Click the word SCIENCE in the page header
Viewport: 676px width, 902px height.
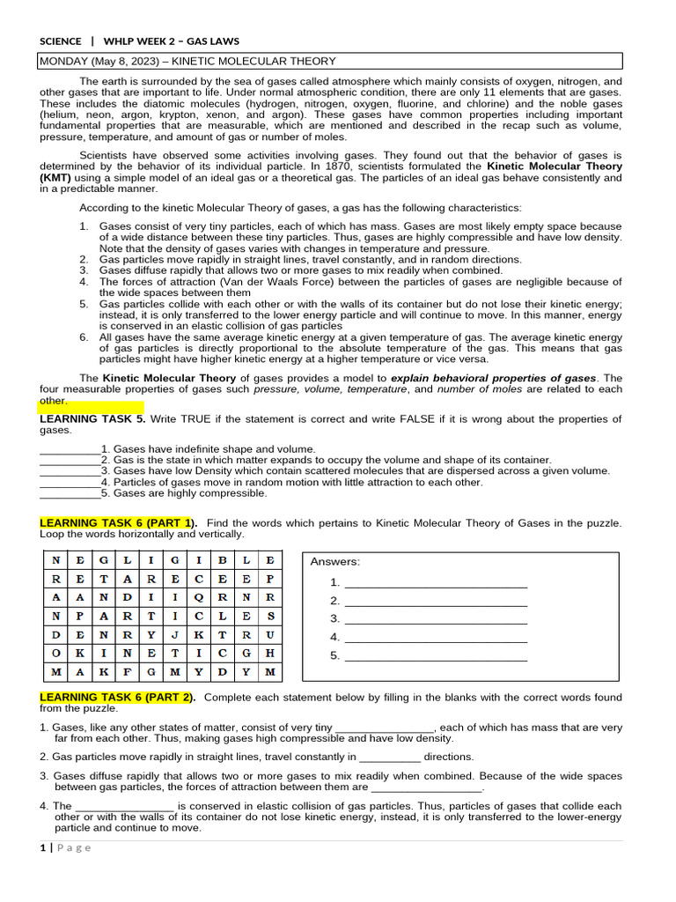click(x=61, y=41)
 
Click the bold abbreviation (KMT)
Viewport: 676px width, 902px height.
click(x=55, y=177)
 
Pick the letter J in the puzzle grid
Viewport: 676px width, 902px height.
click(x=175, y=632)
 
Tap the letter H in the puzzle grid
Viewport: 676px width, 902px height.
click(x=271, y=653)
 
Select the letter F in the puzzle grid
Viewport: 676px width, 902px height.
click(x=128, y=672)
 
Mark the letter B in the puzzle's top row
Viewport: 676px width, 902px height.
click(x=223, y=559)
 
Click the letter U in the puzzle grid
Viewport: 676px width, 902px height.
click(x=271, y=632)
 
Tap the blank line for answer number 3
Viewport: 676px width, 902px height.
click(x=436, y=622)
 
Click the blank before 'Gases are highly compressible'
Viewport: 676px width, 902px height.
click(x=70, y=497)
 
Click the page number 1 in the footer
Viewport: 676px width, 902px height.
click(x=43, y=847)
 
